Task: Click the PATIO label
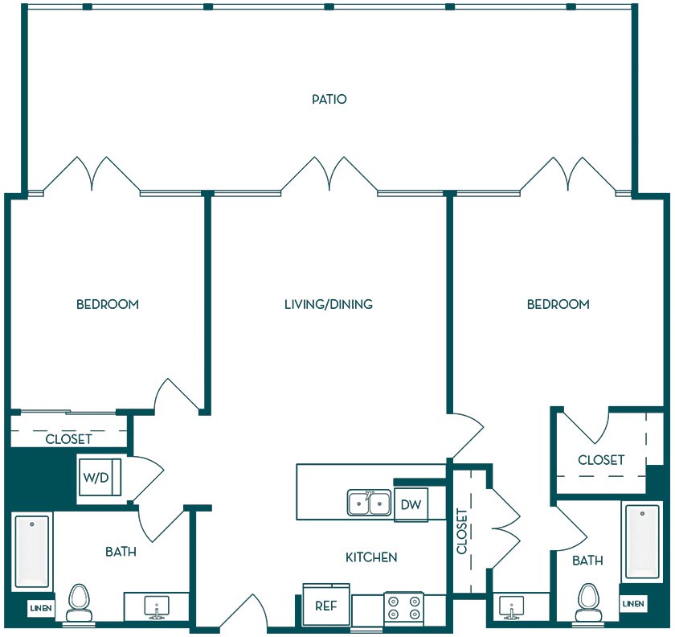tap(329, 99)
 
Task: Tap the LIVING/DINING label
tap(329, 304)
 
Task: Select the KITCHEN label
tap(371, 557)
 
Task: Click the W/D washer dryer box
tap(100, 477)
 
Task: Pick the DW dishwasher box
tap(411, 504)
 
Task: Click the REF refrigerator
tap(326, 605)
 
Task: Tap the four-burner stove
tap(403, 607)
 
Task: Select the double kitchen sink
tap(370, 503)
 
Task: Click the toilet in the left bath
tap(78, 602)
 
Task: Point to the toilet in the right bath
tap(587, 602)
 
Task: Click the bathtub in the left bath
tap(32, 552)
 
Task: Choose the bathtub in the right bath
tap(642, 542)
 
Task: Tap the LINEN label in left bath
tap(41, 609)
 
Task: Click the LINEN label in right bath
tap(633, 604)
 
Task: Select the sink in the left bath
tap(157, 607)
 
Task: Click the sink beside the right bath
tap(511, 607)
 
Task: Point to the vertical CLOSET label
tap(462, 531)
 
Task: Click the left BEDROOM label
tap(108, 304)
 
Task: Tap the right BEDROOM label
tap(558, 304)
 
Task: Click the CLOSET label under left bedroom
tap(69, 439)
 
